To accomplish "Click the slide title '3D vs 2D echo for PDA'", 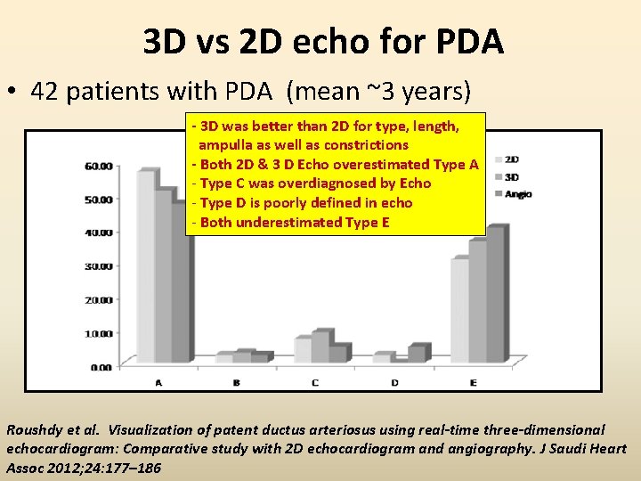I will pyautogui.click(x=323, y=41).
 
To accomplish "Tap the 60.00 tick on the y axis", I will pyautogui.click(x=98, y=166).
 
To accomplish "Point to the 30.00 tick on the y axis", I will pyautogui.click(x=98, y=265).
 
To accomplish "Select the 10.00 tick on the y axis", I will pyautogui.click(x=98, y=333).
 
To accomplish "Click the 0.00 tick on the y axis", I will pyautogui.click(x=100, y=366).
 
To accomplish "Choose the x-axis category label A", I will pyautogui.click(x=158, y=382).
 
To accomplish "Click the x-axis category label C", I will pyautogui.click(x=316, y=382).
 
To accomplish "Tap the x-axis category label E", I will pyautogui.click(x=473, y=382).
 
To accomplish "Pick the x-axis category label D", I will pyautogui.click(x=394, y=382).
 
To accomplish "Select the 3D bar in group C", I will pyautogui.click(x=320, y=347).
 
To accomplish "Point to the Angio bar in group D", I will pyautogui.click(x=416, y=355).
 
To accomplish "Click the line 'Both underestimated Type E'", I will pyautogui.click(x=294, y=223).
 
